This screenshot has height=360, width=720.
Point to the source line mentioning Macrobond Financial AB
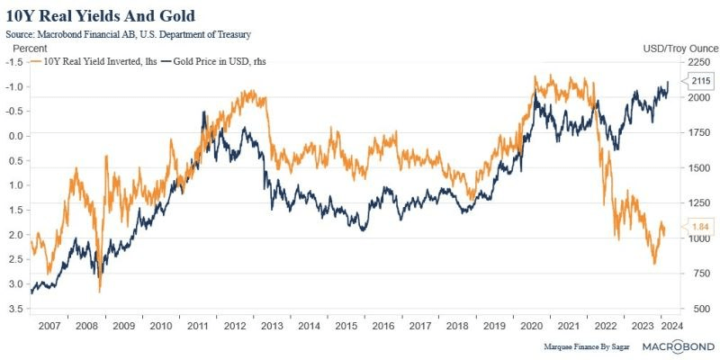[x=127, y=33]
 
